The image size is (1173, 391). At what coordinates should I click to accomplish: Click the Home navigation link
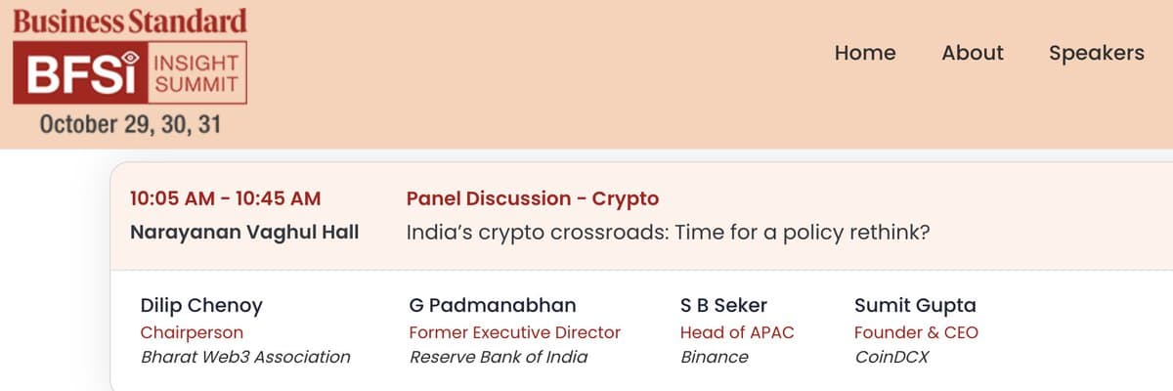click(864, 53)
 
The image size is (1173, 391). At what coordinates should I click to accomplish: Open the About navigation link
click(972, 53)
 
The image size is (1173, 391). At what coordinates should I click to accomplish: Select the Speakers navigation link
click(1096, 53)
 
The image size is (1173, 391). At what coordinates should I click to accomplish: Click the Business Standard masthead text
click(130, 21)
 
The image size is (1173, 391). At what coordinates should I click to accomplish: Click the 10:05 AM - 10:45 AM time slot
click(225, 198)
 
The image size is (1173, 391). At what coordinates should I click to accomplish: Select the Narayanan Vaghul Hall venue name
click(244, 232)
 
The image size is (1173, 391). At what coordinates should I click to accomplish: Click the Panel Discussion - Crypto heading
click(532, 198)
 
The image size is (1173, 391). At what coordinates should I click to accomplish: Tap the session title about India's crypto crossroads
click(667, 232)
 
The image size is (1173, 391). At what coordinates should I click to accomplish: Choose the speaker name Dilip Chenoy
click(201, 305)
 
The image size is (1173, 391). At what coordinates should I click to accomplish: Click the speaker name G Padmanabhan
click(493, 305)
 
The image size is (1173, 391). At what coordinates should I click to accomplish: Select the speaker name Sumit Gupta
click(915, 305)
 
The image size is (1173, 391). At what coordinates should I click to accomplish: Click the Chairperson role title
click(192, 332)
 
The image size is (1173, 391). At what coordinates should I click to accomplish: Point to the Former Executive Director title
click(514, 332)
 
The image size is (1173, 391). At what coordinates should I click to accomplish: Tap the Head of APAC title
click(737, 332)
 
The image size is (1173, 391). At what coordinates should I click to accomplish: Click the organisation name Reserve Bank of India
click(499, 357)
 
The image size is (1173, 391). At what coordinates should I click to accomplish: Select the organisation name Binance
click(714, 357)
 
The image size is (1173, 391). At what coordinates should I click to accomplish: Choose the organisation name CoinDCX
click(891, 357)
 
